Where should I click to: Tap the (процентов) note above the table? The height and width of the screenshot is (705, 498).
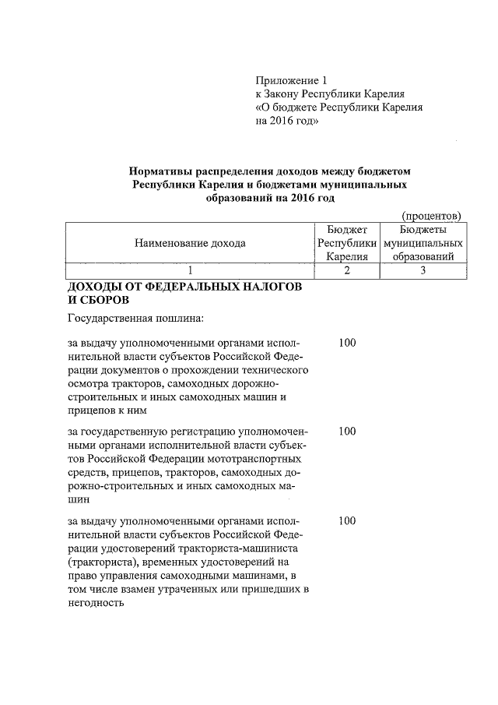pyautogui.click(x=431, y=215)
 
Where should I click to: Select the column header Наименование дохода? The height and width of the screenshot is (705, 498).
pyautogui.click(x=190, y=243)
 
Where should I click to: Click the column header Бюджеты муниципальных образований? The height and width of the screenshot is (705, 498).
pyautogui.click(x=423, y=243)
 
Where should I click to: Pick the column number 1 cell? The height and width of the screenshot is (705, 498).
pyautogui.click(x=190, y=270)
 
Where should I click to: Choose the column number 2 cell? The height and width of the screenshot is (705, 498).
pyautogui.click(x=347, y=270)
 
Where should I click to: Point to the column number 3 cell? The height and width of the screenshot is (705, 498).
pyautogui.click(x=423, y=270)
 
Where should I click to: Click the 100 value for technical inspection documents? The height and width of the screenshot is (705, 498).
pyautogui.click(x=347, y=343)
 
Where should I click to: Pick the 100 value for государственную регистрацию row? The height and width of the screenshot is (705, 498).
pyautogui.click(x=347, y=431)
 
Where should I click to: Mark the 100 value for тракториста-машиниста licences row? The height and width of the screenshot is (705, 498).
pyautogui.click(x=347, y=520)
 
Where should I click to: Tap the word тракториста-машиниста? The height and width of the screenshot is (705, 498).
pyautogui.click(x=237, y=548)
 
